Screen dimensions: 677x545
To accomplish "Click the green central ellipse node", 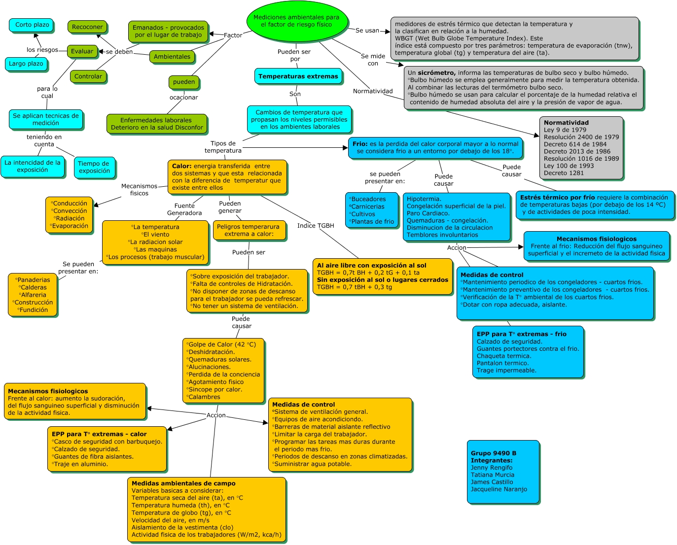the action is (297, 21).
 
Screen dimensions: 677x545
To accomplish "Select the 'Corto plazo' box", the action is (31, 25).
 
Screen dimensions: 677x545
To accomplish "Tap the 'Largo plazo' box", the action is (26, 64).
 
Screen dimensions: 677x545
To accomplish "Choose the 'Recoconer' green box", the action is (87, 27).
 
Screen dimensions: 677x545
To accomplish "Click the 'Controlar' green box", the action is (88, 76).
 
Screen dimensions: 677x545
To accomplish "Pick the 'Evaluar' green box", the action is (82, 51).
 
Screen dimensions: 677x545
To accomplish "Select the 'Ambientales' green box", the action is (172, 57).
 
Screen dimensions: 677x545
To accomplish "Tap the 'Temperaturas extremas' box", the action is (298, 76).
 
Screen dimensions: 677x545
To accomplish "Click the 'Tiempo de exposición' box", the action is (95, 168).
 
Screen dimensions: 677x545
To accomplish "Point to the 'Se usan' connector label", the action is (367, 31).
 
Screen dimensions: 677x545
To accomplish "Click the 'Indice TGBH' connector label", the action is (316, 226).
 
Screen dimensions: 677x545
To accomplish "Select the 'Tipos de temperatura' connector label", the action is (223, 147).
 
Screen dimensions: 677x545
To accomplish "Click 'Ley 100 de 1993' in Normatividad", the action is (569, 166).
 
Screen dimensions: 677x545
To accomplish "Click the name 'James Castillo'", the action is (492, 482).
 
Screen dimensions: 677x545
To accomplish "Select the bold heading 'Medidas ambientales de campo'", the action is (183, 483).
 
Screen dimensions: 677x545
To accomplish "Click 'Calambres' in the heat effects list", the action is (204, 397).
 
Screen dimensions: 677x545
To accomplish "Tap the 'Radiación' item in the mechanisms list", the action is (70, 218).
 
